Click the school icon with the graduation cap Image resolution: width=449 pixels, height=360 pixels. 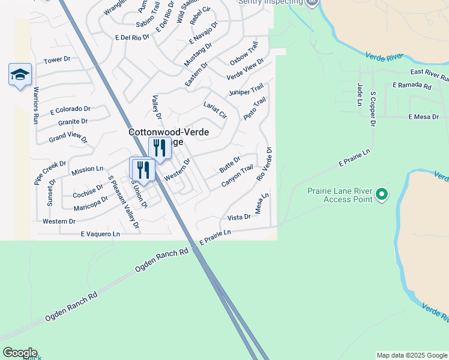[20, 74]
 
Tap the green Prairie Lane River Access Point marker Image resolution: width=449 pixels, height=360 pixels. [382, 194]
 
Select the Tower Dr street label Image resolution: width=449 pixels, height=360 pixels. [58, 60]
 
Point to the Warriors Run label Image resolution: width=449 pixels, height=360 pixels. [36, 105]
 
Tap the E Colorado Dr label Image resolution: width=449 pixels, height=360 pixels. [70, 110]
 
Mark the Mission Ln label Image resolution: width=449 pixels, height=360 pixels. [87, 170]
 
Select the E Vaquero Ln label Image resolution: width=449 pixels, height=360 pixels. [100, 233]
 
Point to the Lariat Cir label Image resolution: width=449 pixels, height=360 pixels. [215, 110]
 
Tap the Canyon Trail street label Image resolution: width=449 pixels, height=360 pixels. [237, 176]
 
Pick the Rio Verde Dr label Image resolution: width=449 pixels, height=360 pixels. [265, 164]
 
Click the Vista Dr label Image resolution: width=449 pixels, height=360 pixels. [239, 217]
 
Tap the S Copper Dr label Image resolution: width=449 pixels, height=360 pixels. [373, 109]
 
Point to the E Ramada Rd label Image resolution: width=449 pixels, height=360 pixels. [412, 86]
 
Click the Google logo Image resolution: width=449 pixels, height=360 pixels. [20, 353]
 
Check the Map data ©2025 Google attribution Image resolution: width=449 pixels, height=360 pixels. [411, 355]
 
